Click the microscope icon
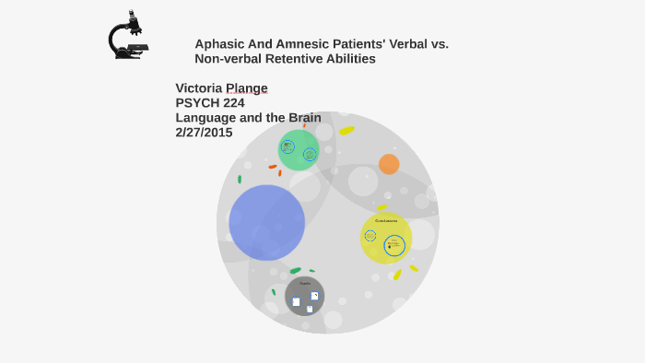click(x=127, y=36)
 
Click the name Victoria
click(x=200, y=88)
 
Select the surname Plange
click(x=248, y=88)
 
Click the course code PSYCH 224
click(x=210, y=102)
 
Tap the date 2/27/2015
click(x=204, y=132)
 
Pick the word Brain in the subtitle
click(x=303, y=117)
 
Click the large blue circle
click(x=266, y=222)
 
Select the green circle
click(x=299, y=149)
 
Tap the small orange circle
click(x=389, y=164)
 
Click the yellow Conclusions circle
click(x=385, y=238)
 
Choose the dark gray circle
click(x=305, y=297)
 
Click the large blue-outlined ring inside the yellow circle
click(x=394, y=246)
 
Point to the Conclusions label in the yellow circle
click(x=386, y=220)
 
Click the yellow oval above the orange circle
click(x=346, y=131)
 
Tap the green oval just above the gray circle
click(x=295, y=270)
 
